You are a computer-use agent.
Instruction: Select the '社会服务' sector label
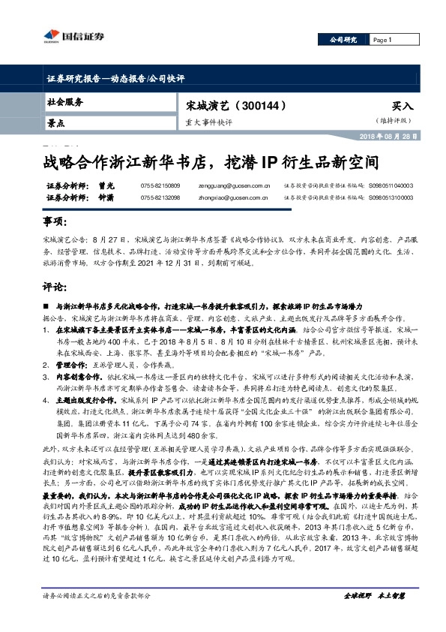[65, 101]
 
